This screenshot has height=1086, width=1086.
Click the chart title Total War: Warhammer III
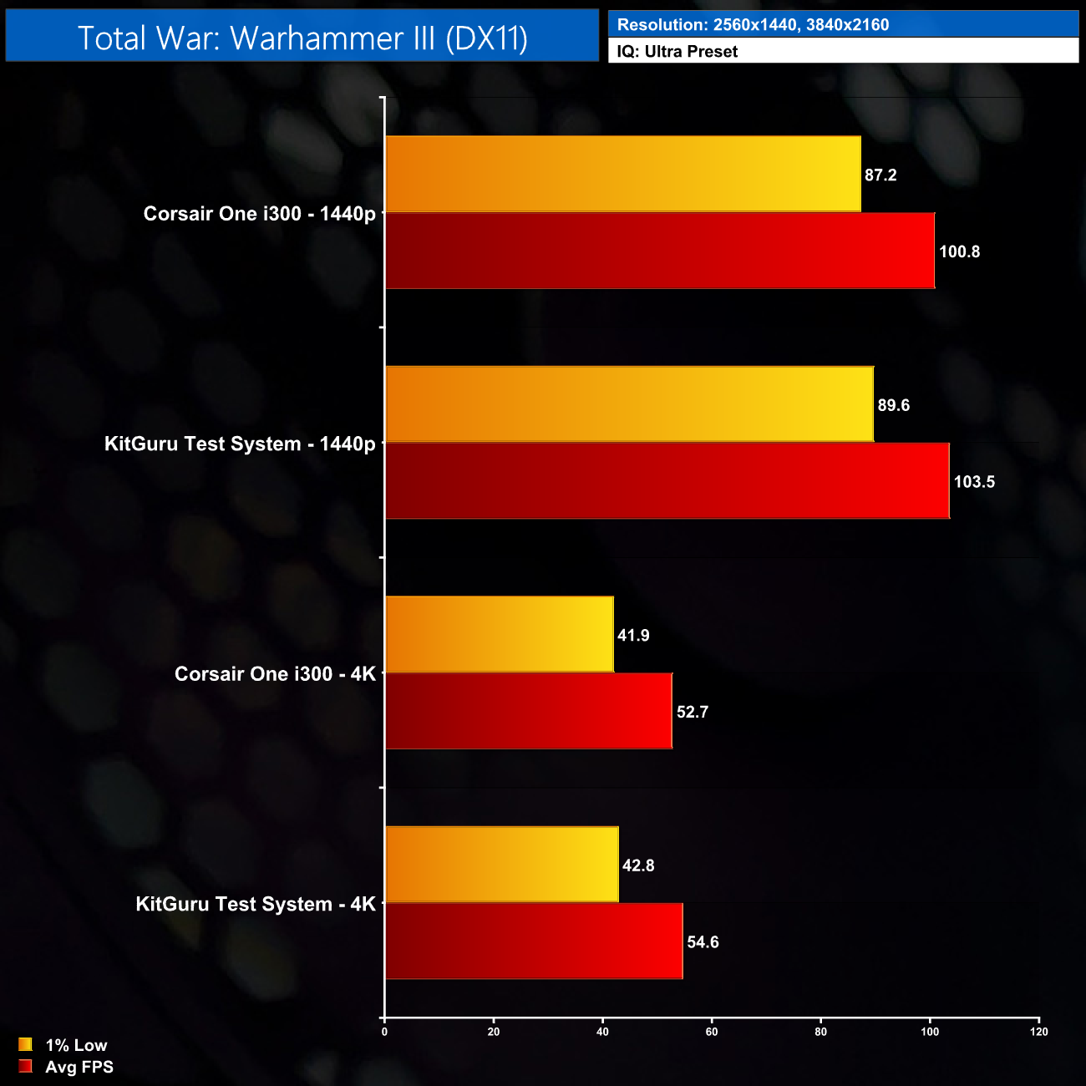[302, 38]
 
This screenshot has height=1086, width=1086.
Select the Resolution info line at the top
[752, 25]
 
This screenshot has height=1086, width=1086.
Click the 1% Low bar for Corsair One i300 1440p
[623, 174]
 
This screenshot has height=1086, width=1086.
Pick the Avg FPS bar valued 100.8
[660, 251]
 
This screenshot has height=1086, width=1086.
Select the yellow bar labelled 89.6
[629, 404]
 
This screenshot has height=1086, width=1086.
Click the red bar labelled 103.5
[667, 481]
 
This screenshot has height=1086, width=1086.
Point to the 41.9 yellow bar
[500, 634]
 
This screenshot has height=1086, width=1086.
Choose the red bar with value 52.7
[529, 711]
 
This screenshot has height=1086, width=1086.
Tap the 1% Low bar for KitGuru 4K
[502, 865]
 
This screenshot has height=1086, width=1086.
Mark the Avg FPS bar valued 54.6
[534, 941]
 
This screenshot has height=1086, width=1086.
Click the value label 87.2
[880, 175]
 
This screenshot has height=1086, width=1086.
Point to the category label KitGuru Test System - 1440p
[240, 444]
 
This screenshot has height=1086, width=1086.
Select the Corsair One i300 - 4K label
[275, 674]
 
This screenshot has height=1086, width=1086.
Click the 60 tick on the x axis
[712, 1032]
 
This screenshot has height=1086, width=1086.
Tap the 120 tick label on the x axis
[1038, 1032]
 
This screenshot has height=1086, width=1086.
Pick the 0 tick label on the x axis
[384, 1032]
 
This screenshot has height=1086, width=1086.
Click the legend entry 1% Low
[76, 1045]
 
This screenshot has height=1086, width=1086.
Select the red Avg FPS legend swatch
[25, 1067]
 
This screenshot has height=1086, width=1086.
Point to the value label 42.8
[638, 866]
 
